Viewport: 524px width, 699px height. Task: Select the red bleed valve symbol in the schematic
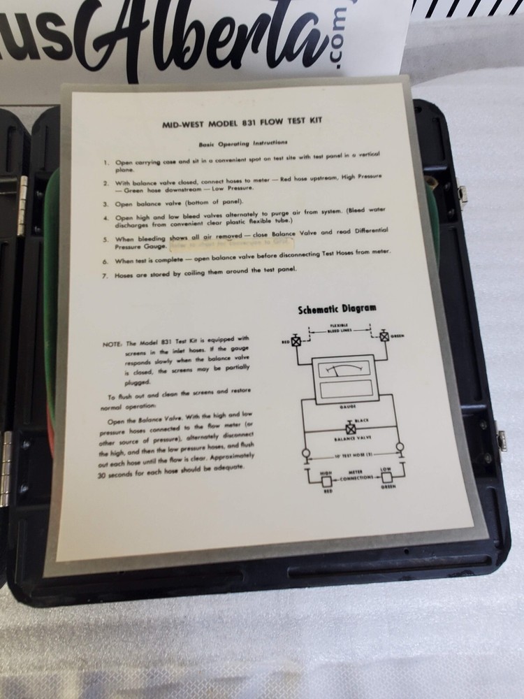(x=295, y=342)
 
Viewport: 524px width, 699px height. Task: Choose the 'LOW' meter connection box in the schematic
(x=386, y=478)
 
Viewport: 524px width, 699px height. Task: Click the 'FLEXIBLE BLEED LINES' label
(x=340, y=328)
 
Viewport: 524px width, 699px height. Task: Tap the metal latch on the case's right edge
(x=500, y=439)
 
